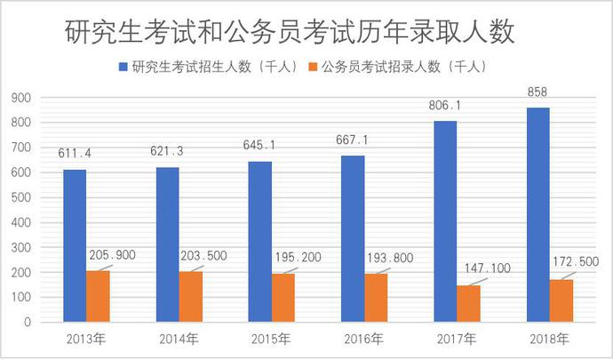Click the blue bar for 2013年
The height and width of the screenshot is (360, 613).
(x=75, y=245)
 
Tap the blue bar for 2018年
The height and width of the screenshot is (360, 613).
(x=538, y=214)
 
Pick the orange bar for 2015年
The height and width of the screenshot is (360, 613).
(x=283, y=298)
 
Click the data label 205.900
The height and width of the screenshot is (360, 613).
(x=112, y=255)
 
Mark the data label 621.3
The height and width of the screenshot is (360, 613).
(x=168, y=151)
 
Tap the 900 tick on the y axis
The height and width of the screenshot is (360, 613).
(x=21, y=98)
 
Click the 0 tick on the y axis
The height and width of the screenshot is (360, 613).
(x=28, y=322)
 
